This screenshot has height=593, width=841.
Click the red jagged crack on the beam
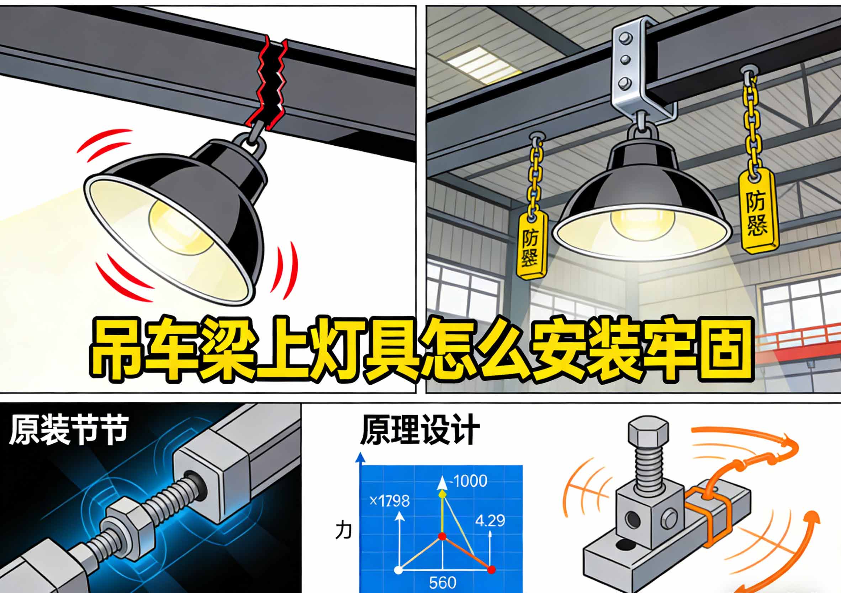click(x=271, y=83)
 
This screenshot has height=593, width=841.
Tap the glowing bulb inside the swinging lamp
click(x=181, y=227)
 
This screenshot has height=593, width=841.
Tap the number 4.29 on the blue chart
click(x=490, y=520)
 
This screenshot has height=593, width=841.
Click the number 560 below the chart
click(x=443, y=582)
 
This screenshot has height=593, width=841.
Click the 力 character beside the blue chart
click(x=344, y=531)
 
